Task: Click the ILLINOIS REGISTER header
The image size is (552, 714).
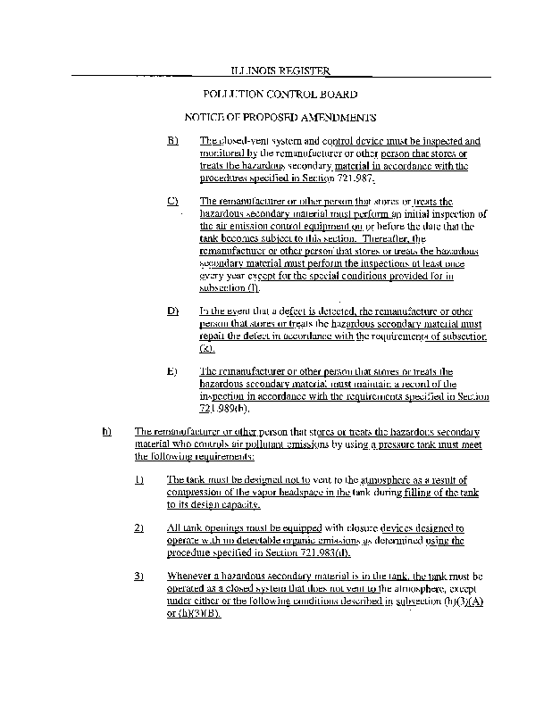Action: coord(280,71)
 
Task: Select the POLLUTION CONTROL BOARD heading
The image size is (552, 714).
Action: coord(280,94)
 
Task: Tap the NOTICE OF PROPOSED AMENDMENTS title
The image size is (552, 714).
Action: coord(280,118)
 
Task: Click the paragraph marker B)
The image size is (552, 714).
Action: coord(172,141)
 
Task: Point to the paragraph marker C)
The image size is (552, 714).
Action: coord(172,202)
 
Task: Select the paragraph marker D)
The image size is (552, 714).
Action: coord(172,311)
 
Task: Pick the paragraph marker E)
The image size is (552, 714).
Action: coord(172,371)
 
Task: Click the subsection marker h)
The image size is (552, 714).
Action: coord(108,432)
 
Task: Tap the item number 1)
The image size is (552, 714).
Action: coord(139,480)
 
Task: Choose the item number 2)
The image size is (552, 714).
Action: coord(139,528)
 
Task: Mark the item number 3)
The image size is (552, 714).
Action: coord(139,577)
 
